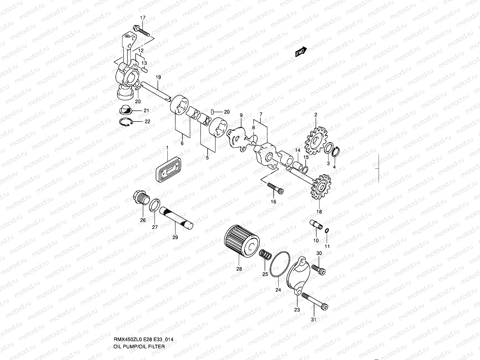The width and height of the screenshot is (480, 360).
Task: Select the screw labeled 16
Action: (275, 188)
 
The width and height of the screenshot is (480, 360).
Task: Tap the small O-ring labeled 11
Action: (327, 231)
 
